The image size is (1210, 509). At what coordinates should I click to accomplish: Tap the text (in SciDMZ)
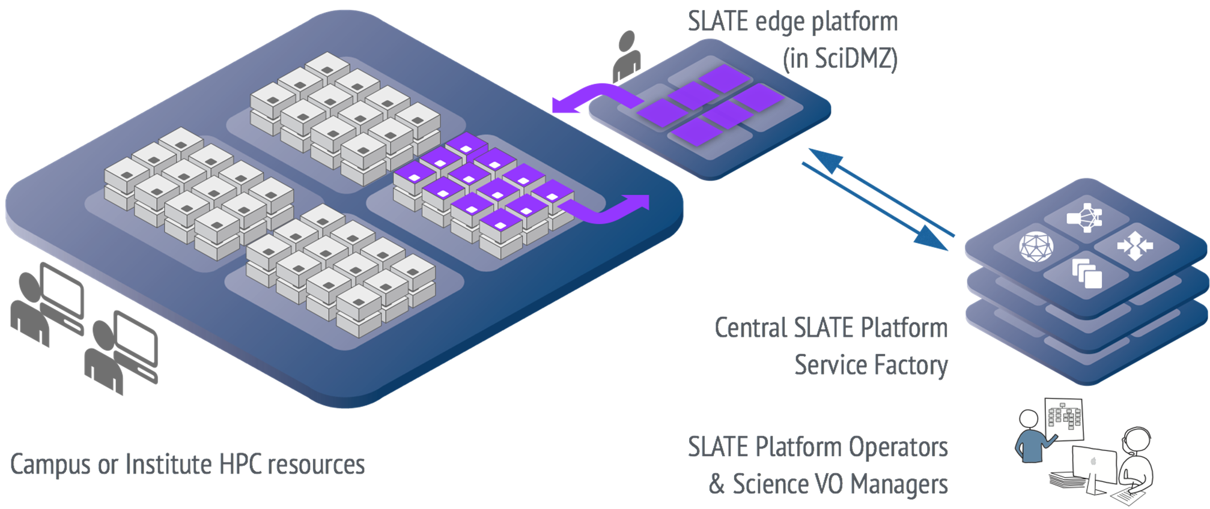pos(840,59)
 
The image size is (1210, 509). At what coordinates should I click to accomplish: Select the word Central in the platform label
pos(750,328)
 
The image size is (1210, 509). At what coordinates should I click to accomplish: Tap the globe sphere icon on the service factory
pos(1036,247)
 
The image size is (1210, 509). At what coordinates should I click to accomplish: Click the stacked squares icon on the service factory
pos(1087,273)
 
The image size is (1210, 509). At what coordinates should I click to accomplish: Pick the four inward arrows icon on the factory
pos(1134,245)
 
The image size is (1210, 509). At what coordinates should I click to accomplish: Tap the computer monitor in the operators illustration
pos(1093,465)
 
